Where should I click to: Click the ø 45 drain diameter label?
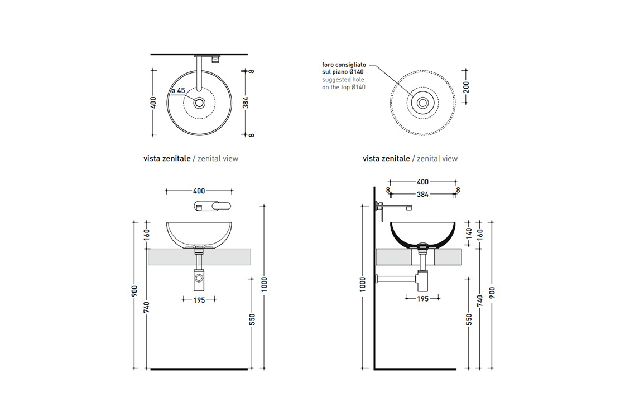[x=178, y=91]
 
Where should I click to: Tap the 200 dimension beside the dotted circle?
[x=466, y=87]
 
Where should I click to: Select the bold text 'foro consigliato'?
[x=344, y=65]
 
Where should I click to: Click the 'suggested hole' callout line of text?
[x=343, y=80]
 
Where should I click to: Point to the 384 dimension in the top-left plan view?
[x=246, y=103]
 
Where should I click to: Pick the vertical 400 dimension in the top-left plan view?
[x=153, y=103]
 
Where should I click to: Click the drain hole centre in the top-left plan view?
[x=199, y=103]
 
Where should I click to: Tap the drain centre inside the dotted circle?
[x=422, y=103]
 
